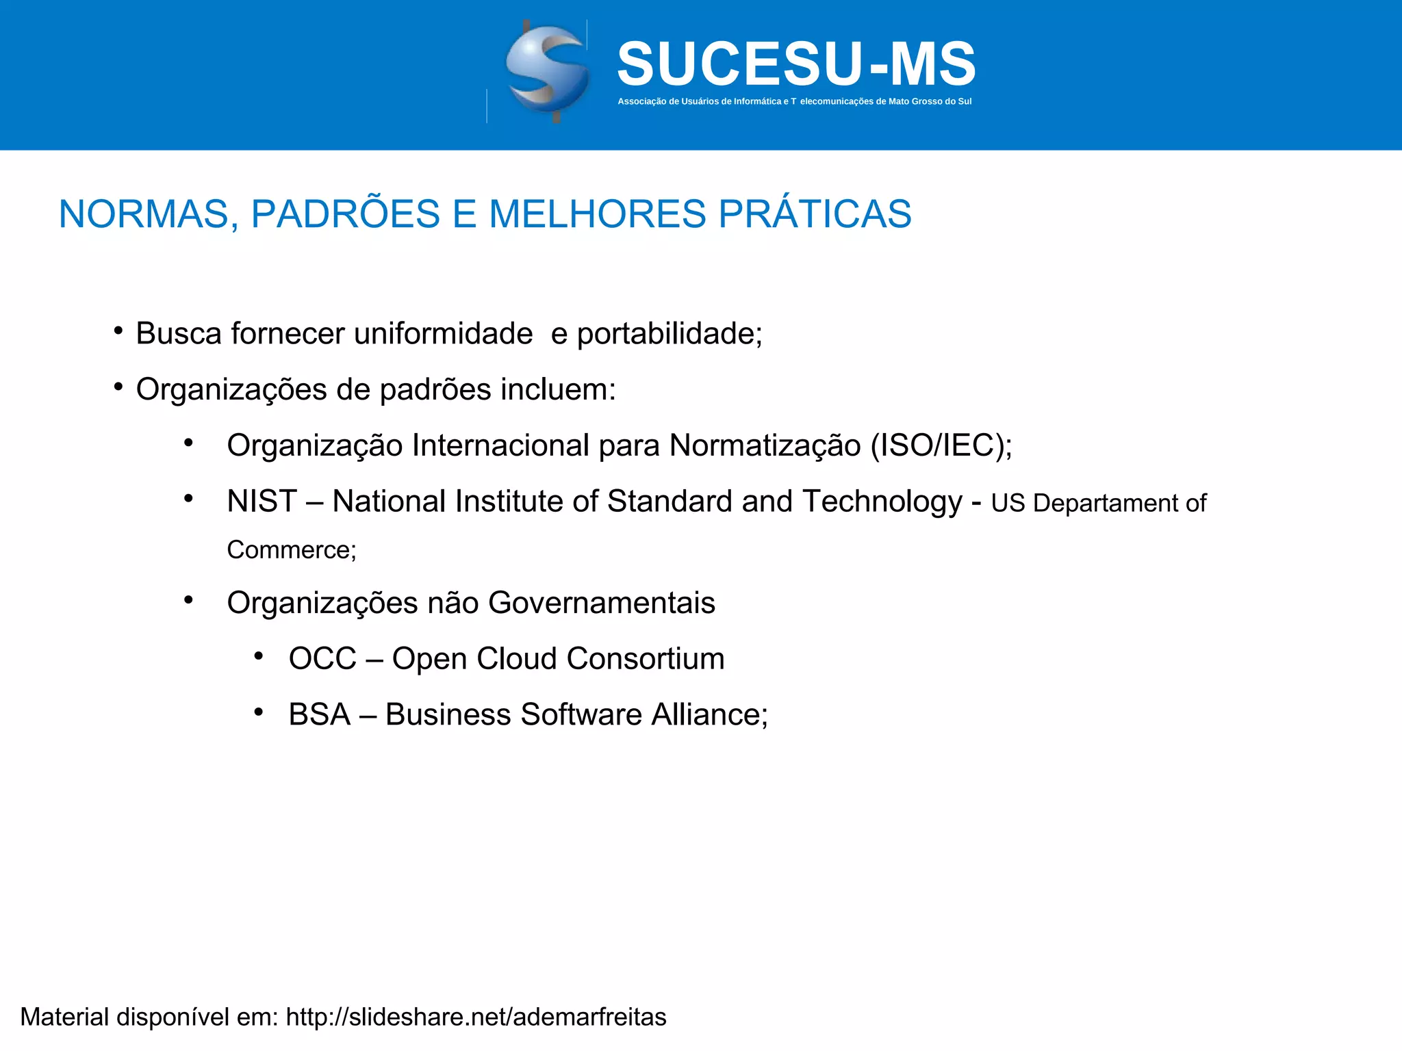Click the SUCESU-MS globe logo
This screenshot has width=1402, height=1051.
[547, 71]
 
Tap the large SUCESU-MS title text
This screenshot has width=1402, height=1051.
[796, 64]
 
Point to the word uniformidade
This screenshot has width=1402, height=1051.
[443, 334]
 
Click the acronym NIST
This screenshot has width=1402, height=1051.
[262, 502]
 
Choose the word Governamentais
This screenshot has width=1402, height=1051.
[602, 603]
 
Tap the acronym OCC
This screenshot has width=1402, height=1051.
[322, 659]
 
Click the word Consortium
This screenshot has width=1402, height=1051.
[646, 659]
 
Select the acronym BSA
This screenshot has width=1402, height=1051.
[319, 715]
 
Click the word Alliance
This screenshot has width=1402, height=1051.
[709, 715]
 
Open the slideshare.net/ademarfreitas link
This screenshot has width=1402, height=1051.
[476, 1017]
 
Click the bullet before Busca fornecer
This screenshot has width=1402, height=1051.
[118, 332]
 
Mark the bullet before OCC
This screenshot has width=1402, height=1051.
[258, 657]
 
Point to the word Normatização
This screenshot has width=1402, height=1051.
[765, 445]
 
